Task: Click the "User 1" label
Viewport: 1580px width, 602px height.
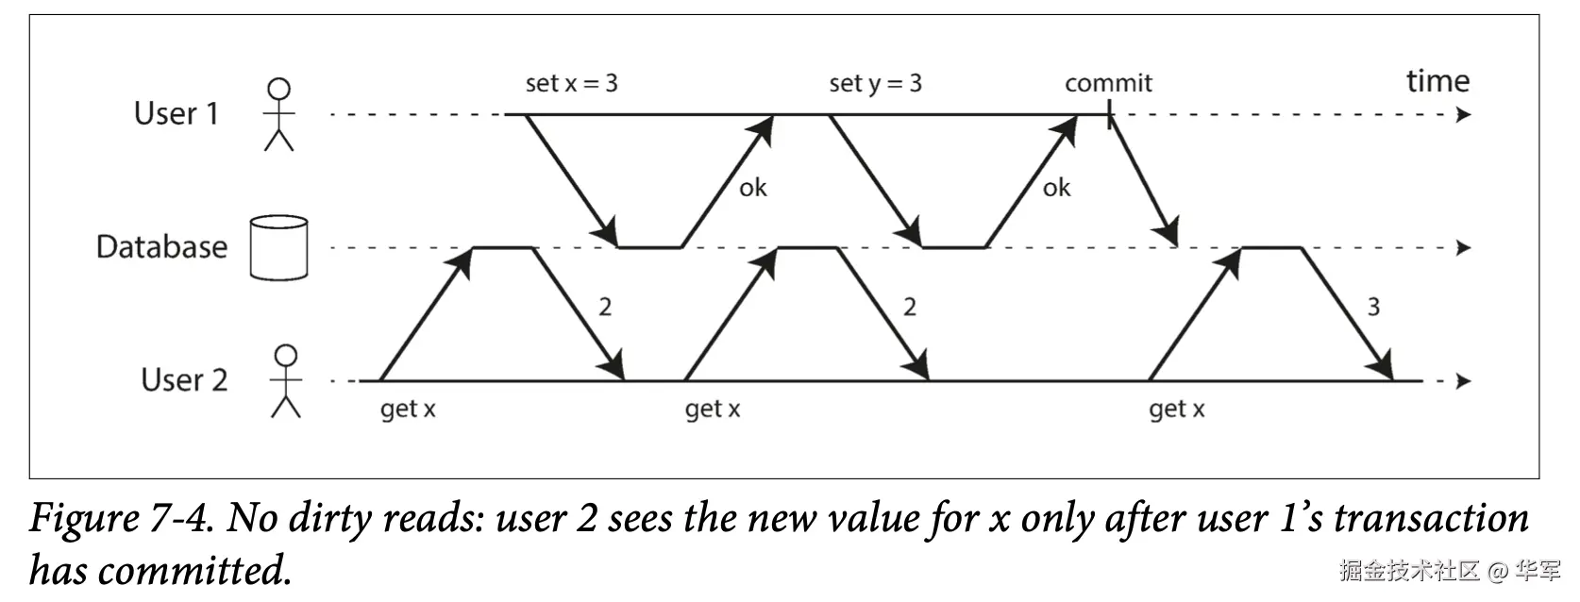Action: pyautogui.click(x=176, y=113)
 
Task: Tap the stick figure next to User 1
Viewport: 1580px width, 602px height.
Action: pyautogui.click(x=279, y=114)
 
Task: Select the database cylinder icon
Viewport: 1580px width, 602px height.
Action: pyautogui.click(x=278, y=248)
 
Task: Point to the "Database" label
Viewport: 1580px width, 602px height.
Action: pyautogui.click(x=161, y=246)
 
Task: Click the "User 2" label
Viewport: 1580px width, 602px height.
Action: pyautogui.click(x=184, y=380)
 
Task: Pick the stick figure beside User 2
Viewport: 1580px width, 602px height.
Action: pyautogui.click(x=286, y=381)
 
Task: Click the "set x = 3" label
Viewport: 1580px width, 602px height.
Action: pyautogui.click(x=571, y=83)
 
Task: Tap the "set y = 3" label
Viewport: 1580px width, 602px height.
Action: pyautogui.click(x=875, y=84)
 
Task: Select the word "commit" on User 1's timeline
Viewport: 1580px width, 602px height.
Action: pyautogui.click(x=1108, y=83)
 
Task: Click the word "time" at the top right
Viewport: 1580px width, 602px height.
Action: pyautogui.click(x=1437, y=81)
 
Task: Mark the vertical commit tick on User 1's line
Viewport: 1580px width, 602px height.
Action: pyautogui.click(x=1110, y=114)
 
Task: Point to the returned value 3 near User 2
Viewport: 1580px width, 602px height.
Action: pyautogui.click(x=1373, y=307)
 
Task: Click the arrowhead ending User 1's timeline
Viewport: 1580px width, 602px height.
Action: pyautogui.click(x=1464, y=114)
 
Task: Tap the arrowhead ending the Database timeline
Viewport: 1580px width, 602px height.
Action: pyautogui.click(x=1464, y=248)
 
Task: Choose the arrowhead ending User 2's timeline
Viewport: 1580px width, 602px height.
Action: pyautogui.click(x=1464, y=381)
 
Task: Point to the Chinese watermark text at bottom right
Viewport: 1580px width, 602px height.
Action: pyautogui.click(x=1450, y=570)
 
